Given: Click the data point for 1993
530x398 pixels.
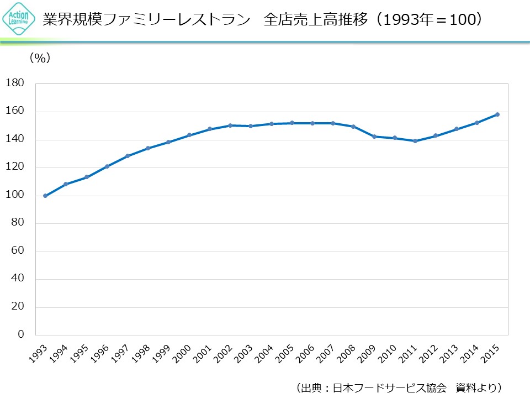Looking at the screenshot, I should (45, 196).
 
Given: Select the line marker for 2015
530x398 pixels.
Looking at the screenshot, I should (497, 114).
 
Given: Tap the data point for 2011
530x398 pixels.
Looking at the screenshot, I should (415, 141).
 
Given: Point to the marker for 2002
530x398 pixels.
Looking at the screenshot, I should (230, 125).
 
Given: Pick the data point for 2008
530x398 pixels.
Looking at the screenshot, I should (353, 127).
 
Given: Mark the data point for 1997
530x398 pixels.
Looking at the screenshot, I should (128, 156).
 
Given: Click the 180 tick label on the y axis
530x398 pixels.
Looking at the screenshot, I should (14, 83).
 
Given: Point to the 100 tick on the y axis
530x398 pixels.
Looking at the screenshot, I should (14, 195).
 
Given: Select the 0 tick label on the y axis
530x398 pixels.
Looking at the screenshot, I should (20, 334).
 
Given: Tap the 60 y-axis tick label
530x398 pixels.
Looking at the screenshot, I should (17, 251).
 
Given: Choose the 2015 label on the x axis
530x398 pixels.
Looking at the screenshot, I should (491, 354).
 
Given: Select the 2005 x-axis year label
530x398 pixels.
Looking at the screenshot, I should (285, 354).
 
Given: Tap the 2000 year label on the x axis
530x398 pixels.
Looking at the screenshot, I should (183, 354).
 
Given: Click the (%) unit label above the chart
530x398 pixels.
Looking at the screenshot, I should (40, 58).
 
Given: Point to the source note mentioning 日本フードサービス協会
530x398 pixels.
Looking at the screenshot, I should (397, 387).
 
